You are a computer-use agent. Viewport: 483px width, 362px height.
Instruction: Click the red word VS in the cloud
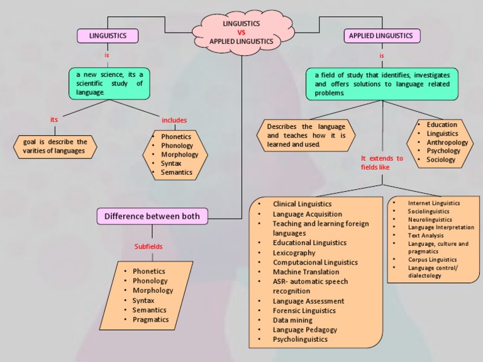pos(241,33)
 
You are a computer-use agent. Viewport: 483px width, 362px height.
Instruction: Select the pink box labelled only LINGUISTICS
pos(108,36)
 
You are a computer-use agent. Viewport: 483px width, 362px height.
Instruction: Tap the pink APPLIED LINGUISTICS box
pos(381,36)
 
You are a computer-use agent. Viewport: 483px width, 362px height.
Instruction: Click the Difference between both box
pos(152,216)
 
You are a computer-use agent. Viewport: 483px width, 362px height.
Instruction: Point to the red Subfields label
pos(148,246)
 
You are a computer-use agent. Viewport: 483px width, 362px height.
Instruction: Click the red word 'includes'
pos(174,120)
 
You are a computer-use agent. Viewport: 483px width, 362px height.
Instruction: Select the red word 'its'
pos(54,119)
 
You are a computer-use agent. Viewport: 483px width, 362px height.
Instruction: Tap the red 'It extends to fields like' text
pos(382,163)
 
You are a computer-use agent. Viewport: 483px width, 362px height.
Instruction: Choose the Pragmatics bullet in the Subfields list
pos(150,319)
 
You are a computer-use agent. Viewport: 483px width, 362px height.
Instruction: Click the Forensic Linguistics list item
pos(304,310)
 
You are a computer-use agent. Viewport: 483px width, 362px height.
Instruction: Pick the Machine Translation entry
pos(306,271)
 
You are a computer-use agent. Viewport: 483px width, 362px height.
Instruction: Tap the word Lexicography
pos(294,253)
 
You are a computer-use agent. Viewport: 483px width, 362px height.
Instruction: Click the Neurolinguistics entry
pos(430,220)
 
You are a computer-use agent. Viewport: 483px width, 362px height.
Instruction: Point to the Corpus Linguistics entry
pos(432,259)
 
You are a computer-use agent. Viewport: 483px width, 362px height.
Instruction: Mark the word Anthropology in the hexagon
pos(447,142)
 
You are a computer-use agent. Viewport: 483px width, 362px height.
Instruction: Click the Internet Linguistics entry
pos(433,203)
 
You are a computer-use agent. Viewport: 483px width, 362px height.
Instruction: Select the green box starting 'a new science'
pos(109,84)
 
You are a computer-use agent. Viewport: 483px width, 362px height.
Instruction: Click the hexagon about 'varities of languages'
pos(55,146)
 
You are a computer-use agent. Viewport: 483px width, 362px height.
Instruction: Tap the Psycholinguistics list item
pos(300,339)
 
